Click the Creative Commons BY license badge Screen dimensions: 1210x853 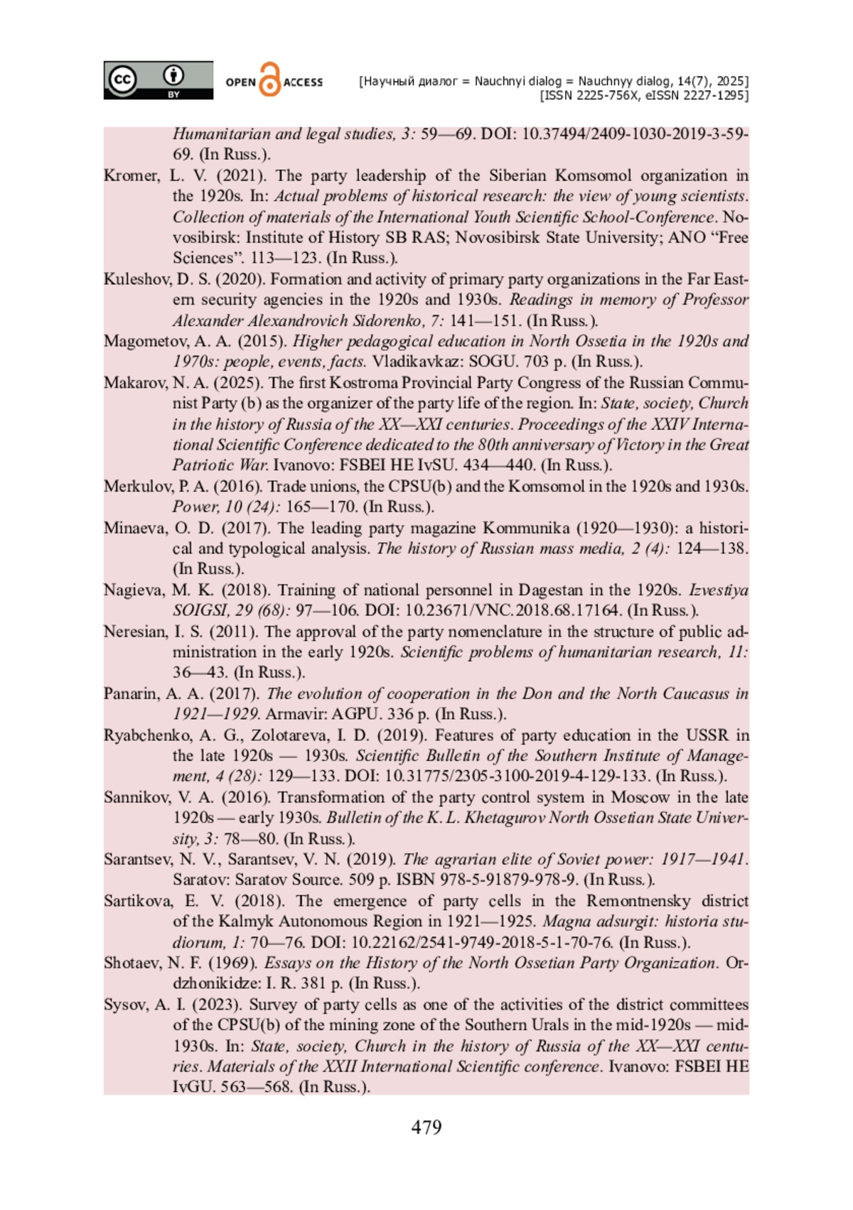click(158, 80)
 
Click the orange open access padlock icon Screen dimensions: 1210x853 click(270, 80)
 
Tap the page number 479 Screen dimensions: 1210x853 click(426, 1128)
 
